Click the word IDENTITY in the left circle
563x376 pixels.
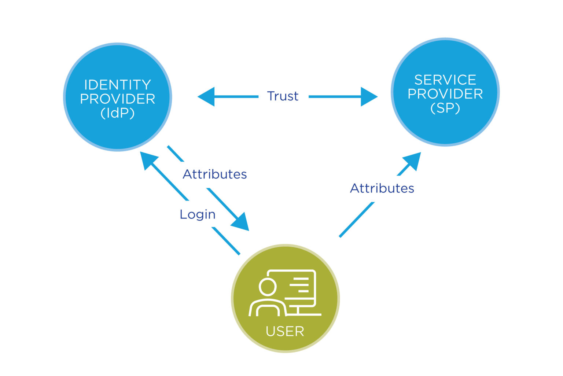pyautogui.click(x=117, y=85)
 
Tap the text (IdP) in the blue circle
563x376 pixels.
pyautogui.click(x=117, y=113)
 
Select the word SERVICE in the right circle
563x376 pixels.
pyautogui.click(x=445, y=80)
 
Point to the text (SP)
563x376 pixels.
pyautogui.click(x=445, y=108)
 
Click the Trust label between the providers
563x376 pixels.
pyautogui.click(x=283, y=96)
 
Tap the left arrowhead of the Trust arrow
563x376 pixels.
pyautogui.click(x=206, y=97)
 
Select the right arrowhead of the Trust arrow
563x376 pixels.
pyautogui.click(x=369, y=97)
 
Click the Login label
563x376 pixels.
pyautogui.click(x=198, y=214)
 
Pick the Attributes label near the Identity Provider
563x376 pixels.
pyautogui.click(x=215, y=174)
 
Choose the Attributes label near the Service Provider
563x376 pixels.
pyautogui.click(x=382, y=188)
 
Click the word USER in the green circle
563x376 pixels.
pyautogui.click(x=285, y=331)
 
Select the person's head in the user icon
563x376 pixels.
pyautogui.click(x=267, y=287)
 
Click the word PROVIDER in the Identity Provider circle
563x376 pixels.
pyautogui.click(x=117, y=99)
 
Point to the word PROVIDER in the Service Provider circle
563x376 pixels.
pyautogui.click(x=445, y=94)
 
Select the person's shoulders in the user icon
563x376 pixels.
pyautogui.click(x=267, y=308)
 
